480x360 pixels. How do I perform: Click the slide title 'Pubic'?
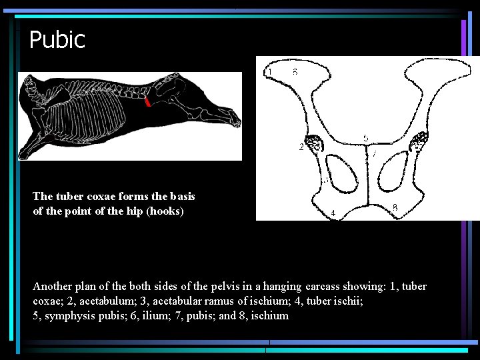pyautogui.click(x=57, y=40)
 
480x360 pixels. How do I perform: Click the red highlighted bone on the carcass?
pyautogui.click(x=147, y=101)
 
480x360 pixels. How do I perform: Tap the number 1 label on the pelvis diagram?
pyautogui.click(x=269, y=71)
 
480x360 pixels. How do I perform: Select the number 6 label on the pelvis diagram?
pyautogui.click(x=295, y=71)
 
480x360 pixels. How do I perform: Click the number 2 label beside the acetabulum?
pyautogui.click(x=301, y=147)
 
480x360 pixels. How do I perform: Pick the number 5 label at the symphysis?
pyautogui.click(x=365, y=137)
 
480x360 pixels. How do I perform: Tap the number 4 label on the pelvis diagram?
pyautogui.click(x=333, y=213)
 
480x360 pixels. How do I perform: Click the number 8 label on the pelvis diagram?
pyautogui.click(x=395, y=208)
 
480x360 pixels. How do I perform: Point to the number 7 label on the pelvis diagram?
pyautogui.click(x=375, y=154)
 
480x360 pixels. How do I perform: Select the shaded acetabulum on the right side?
pyautogui.click(x=420, y=141)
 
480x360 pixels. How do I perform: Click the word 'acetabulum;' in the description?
pyautogui.click(x=107, y=301)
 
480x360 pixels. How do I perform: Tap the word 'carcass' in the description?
pyautogui.click(x=328, y=287)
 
